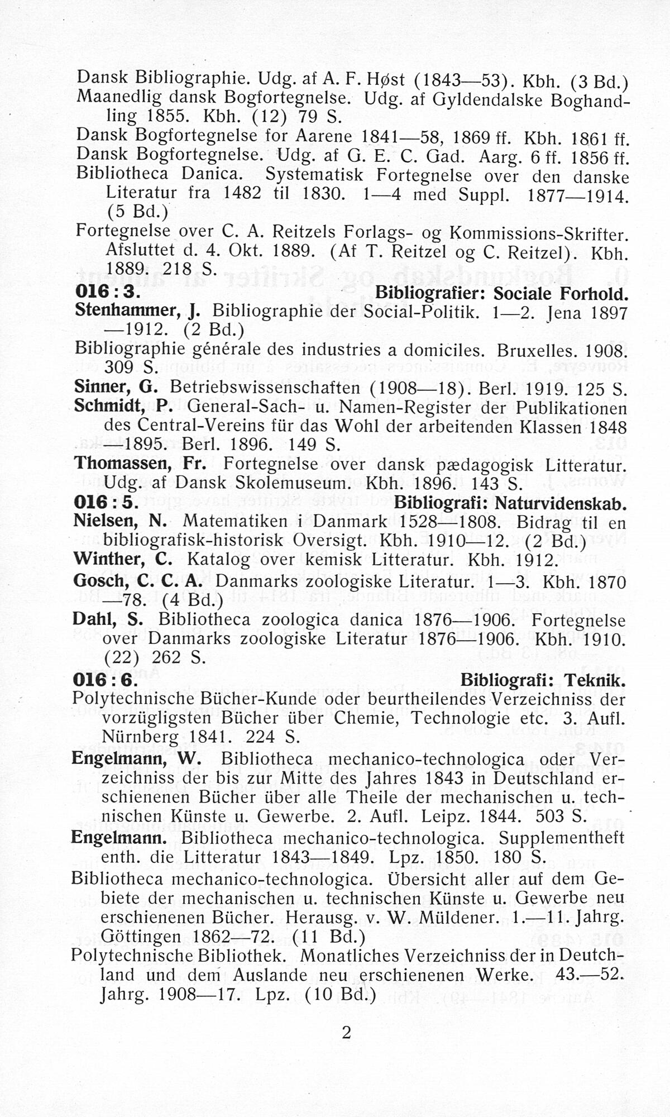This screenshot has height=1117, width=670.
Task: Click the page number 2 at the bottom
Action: [x=346, y=1033]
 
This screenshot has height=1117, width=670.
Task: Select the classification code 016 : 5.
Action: [x=106, y=503]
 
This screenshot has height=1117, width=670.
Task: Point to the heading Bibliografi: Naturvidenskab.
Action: [x=509, y=503]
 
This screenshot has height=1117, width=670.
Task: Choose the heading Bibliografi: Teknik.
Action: [x=542, y=680]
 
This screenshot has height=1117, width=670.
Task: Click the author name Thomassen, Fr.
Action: [x=140, y=464]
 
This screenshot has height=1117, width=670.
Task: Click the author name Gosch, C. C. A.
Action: [x=137, y=581]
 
